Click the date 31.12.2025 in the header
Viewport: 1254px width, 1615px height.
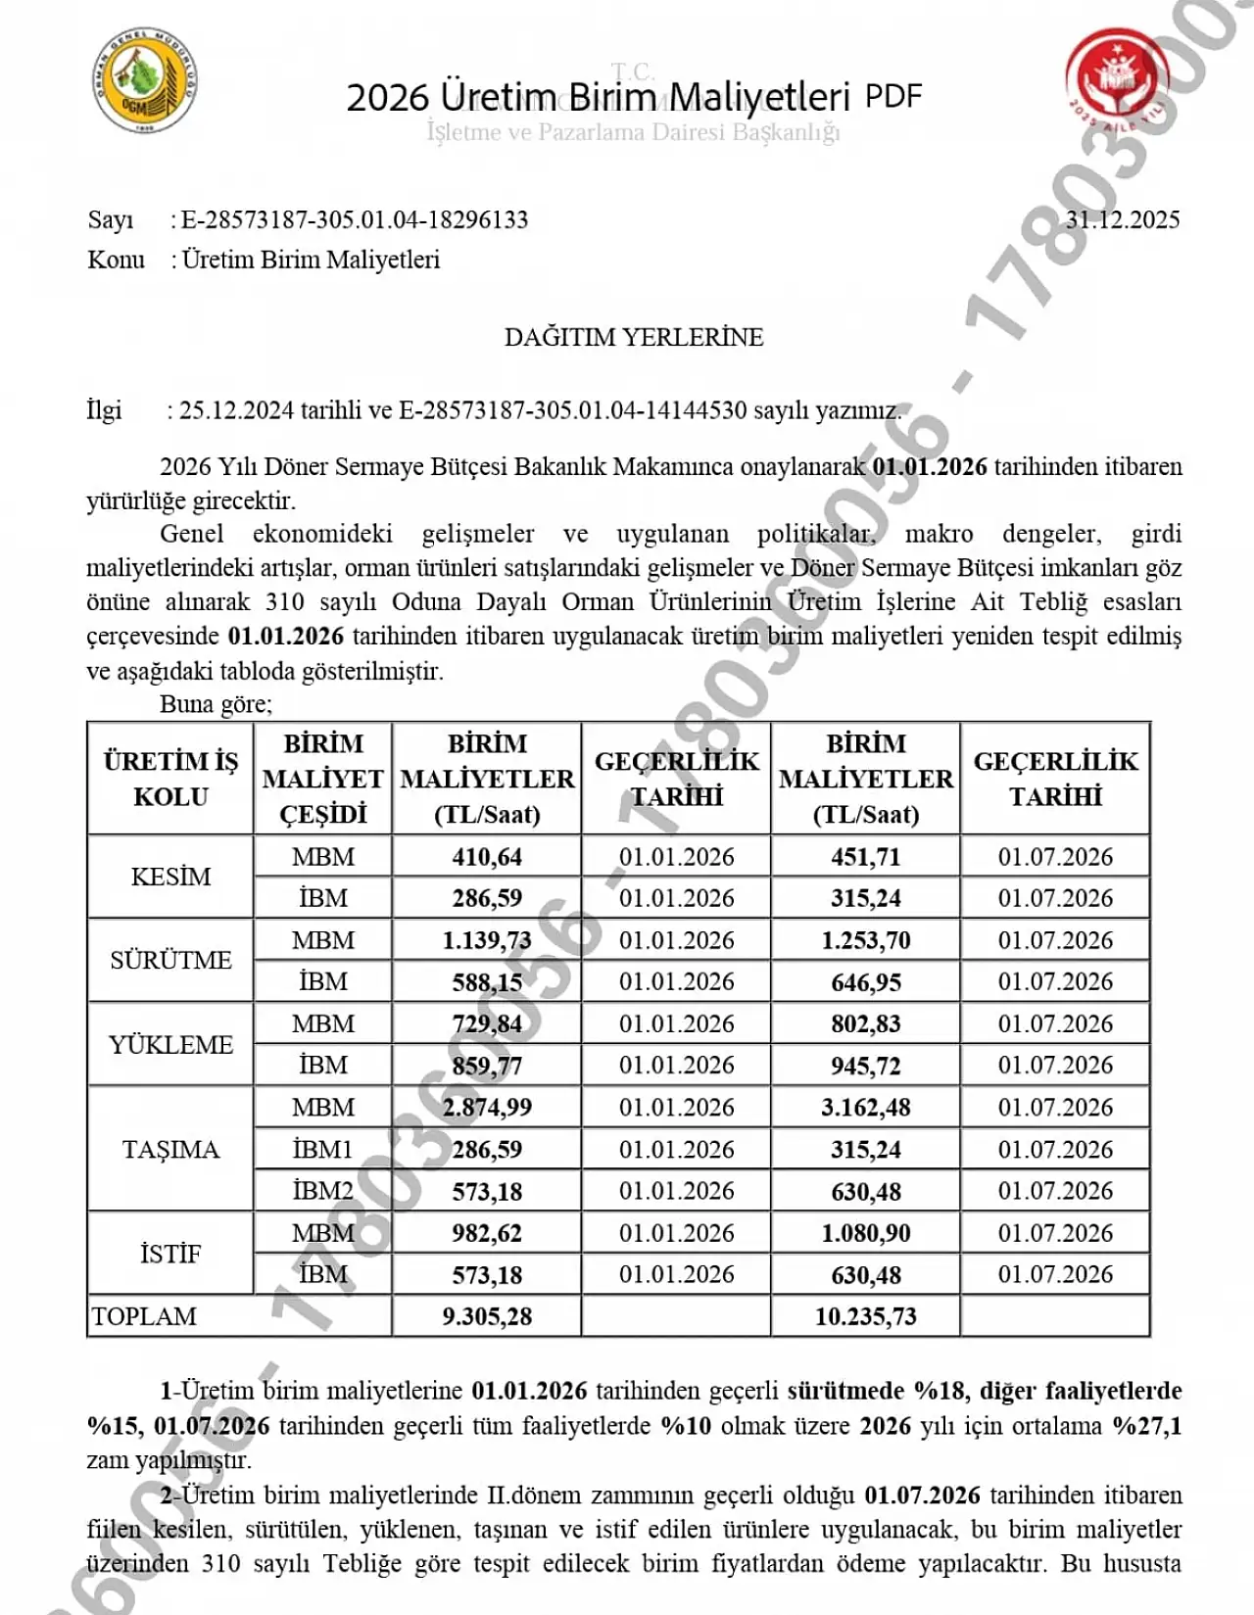pyautogui.click(x=1123, y=219)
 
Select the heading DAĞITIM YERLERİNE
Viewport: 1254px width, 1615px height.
pyautogui.click(x=634, y=337)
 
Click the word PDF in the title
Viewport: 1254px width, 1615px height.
pyautogui.click(x=893, y=96)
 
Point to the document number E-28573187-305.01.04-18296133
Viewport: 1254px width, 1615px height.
pyautogui.click(x=355, y=219)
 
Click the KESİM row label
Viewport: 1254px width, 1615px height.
pyautogui.click(x=170, y=877)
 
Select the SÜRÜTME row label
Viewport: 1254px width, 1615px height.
pyautogui.click(x=170, y=960)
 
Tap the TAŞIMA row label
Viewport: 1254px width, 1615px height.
pyautogui.click(x=170, y=1149)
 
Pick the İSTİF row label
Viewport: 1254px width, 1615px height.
pyautogui.click(x=170, y=1254)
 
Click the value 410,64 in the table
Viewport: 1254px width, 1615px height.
pyautogui.click(x=487, y=857)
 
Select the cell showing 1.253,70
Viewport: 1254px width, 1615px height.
pyautogui.click(x=866, y=940)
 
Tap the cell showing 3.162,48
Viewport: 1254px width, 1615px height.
pyautogui.click(x=866, y=1108)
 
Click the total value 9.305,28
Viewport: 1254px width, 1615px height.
pyautogui.click(x=487, y=1316)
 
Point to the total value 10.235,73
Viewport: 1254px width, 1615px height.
pyautogui.click(x=866, y=1316)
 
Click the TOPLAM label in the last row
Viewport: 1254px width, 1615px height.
pyautogui.click(x=144, y=1316)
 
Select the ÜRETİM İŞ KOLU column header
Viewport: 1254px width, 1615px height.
pyautogui.click(x=170, y=779)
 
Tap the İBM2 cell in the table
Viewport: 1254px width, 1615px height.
pyautogui.click(x=323, y=1191)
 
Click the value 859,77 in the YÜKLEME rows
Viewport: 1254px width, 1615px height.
pyautogui.click(x=487, y=1066)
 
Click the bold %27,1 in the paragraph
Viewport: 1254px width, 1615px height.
pyautogui.click(x=1147, y=1425)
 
